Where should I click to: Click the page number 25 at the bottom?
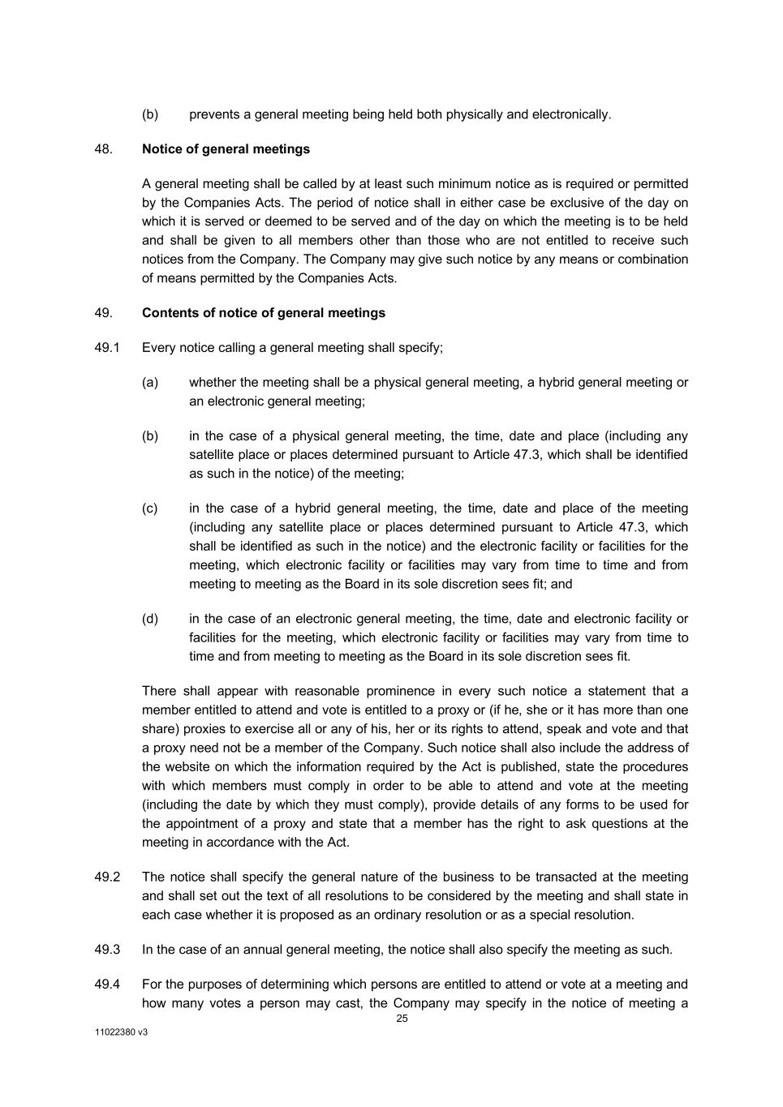pos(402,1019)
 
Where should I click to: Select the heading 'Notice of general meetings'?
pos(226,149)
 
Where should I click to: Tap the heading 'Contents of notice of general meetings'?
pos(264,313)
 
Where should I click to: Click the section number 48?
pos(103,149)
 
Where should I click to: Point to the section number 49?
pos(103,313)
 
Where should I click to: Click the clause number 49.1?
pos(107,348)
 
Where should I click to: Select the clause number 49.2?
pos(107,877)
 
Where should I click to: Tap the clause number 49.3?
pos(107,950)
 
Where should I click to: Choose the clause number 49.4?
pos(107,985)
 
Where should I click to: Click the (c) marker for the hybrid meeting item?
pos(150,508)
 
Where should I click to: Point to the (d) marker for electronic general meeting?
pos(150,619)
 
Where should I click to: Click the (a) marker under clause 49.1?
pos(150,382)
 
